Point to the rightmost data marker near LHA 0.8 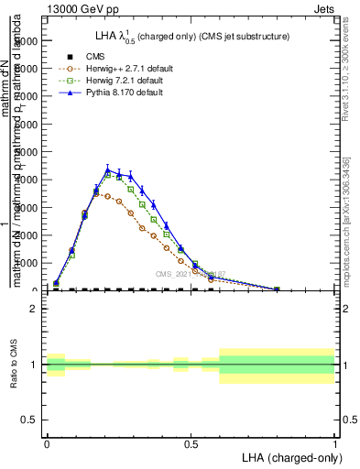[278, 289]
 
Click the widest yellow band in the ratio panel [278, 365]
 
